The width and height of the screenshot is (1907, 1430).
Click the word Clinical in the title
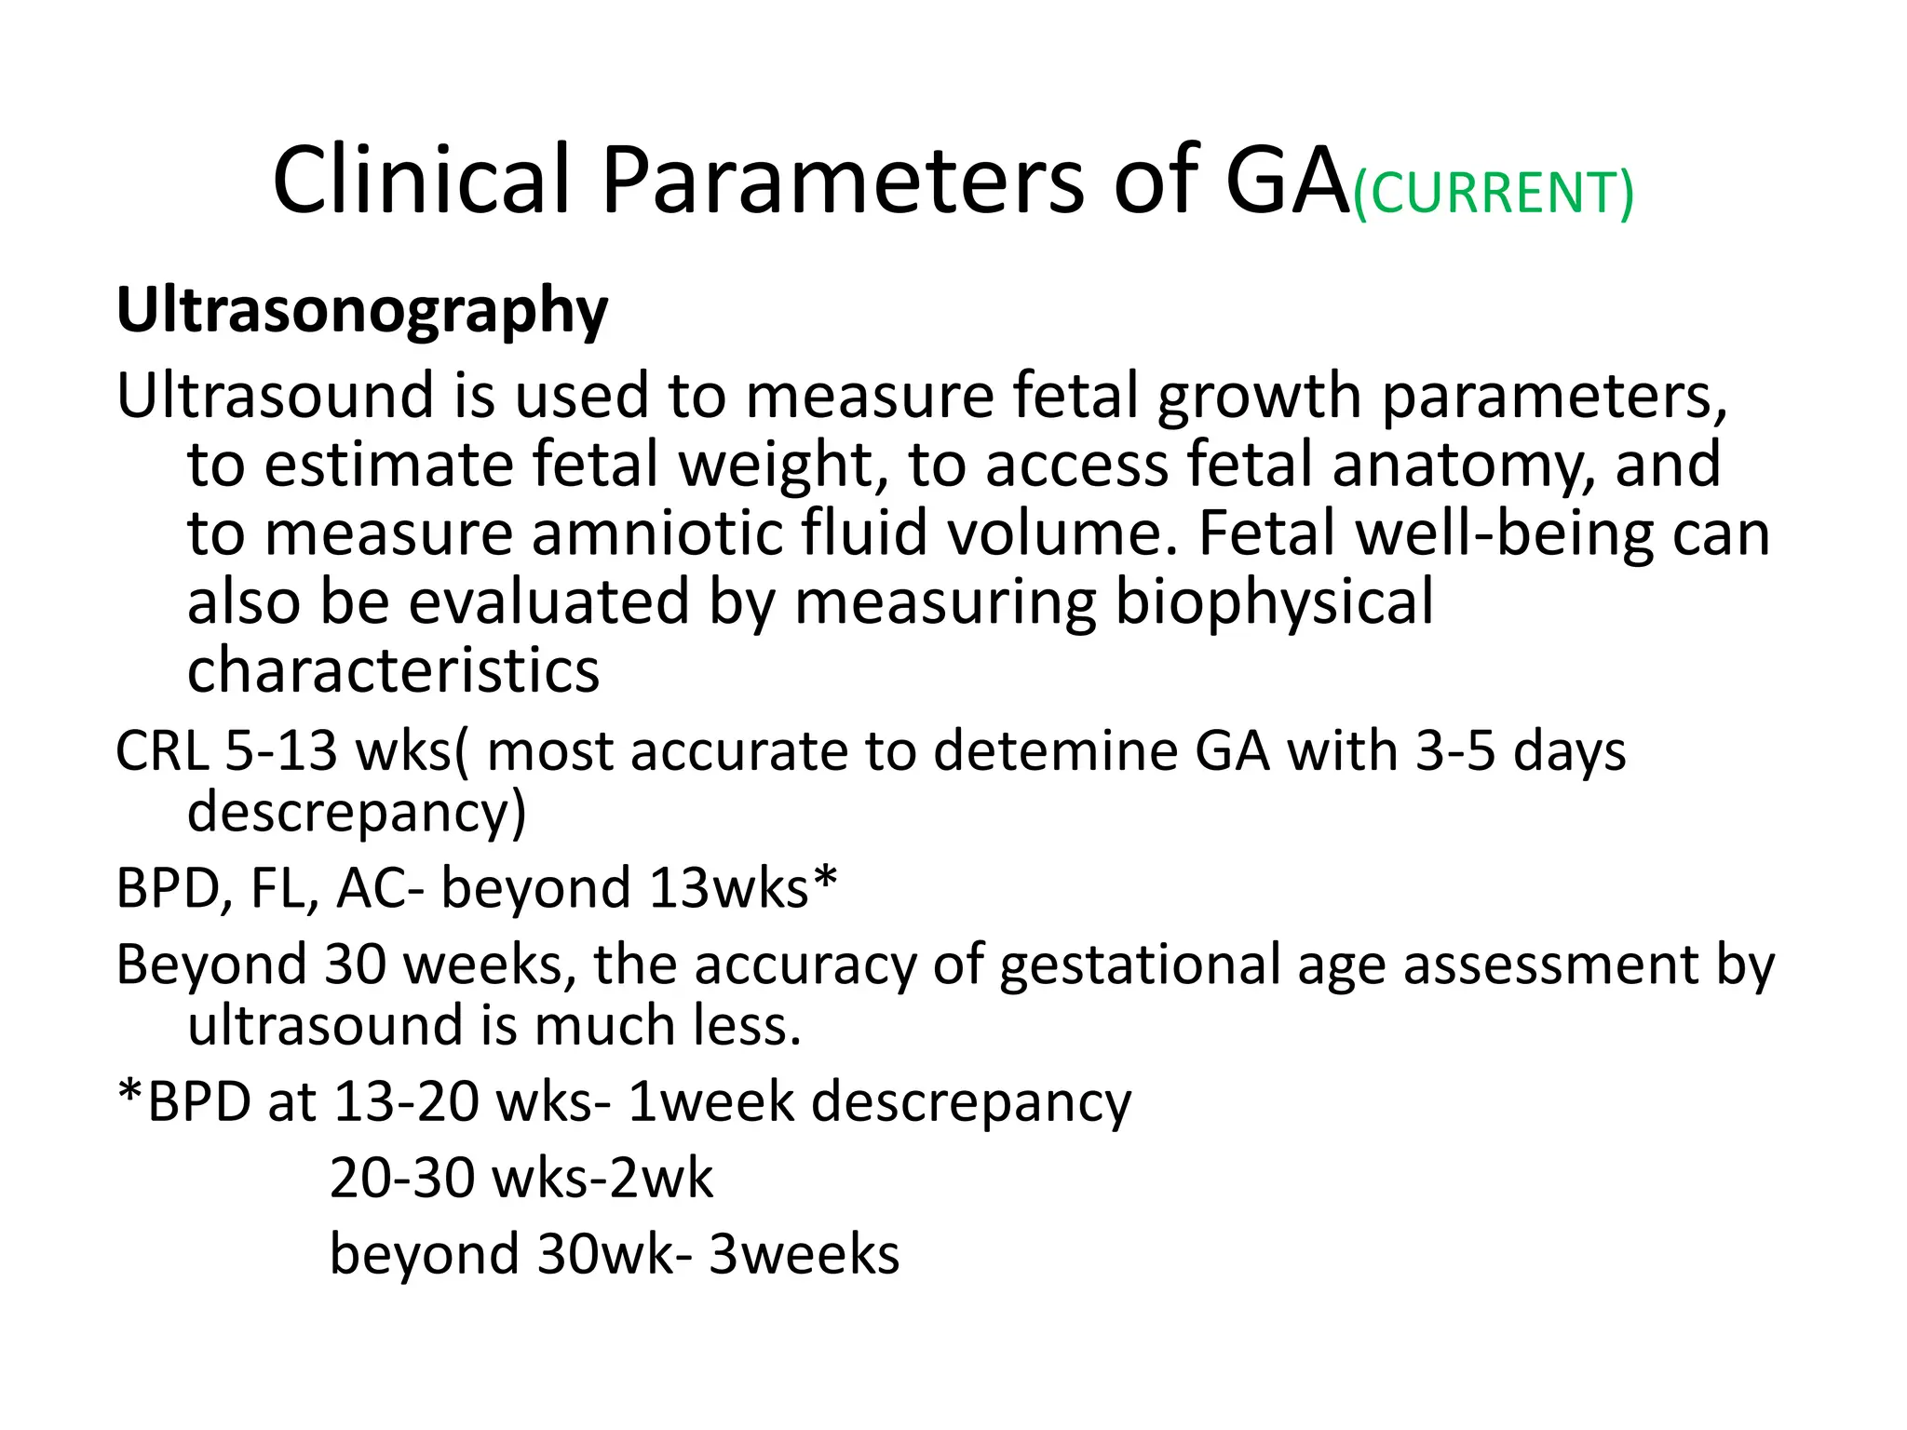(x=420, y=181)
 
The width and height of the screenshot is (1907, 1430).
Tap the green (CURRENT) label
(x=1493, y=194)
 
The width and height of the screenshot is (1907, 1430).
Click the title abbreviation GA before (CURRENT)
(x=1288, y=181)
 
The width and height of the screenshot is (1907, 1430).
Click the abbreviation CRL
(x=162, y=750)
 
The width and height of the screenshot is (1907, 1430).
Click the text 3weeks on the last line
(x=804, y=1255)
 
